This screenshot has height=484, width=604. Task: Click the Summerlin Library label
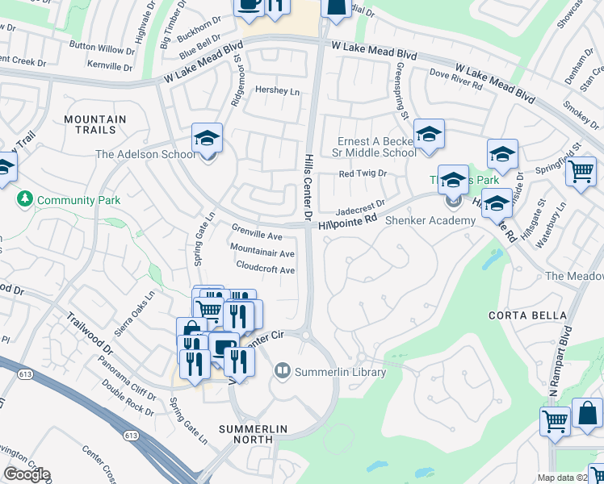pos(340,372)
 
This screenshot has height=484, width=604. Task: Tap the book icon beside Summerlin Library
pos(283,371)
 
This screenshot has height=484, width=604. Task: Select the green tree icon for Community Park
pos(25,199)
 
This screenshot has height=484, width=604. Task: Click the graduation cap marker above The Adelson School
pos(207,139)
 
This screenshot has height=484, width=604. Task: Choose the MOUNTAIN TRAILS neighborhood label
pos(95,124)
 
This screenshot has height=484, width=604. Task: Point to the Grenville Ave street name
pos(256,236)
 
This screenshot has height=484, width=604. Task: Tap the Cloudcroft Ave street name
pos(265,269)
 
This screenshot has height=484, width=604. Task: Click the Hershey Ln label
pos(277,91)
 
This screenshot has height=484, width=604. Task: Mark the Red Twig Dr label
pos(363,173)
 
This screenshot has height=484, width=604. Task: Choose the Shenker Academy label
pos(426,220)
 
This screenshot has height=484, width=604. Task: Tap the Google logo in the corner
pos(26,474)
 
